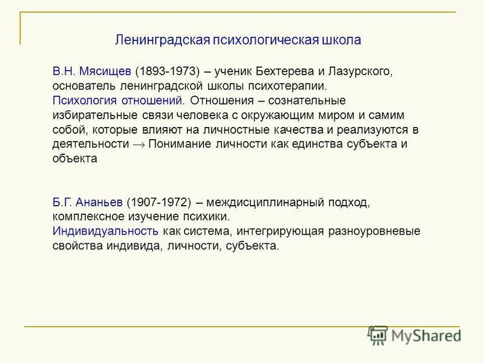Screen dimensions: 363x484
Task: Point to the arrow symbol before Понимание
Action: pyautogui.click(x=139, y=145)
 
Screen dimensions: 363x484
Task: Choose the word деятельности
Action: pyautogui.click(x=91, y=144)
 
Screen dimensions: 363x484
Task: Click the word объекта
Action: pyautogui.click(x=74, y=159)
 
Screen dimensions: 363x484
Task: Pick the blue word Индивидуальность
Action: pyautogui.click(x=105, y=232)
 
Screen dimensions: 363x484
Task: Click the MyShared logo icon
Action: pyautogui.click(x=378, y=335)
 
